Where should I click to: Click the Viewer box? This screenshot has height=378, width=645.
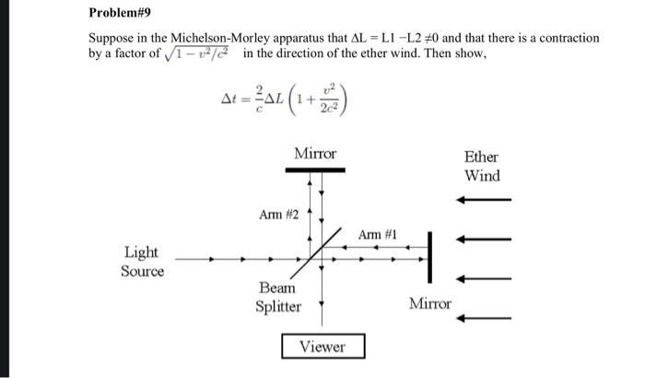click(x=322, y=347)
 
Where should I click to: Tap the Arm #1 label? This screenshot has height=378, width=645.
click(x=377, y=235)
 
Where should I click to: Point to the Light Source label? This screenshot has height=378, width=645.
click(x=141, y=261)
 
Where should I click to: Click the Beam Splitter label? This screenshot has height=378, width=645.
click(x=278, y=297)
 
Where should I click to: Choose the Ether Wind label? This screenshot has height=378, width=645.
click(x=481, y=166)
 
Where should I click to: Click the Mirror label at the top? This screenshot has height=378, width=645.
click(x=315, y=153)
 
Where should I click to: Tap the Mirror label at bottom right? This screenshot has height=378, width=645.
click(x=430, y=303)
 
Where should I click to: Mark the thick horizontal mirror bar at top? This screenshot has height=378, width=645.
click(x=315, y=170)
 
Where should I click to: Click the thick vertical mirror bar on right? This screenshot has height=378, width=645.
click(x=430, y=260)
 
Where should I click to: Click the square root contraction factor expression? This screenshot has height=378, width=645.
click(x=198, y=53)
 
